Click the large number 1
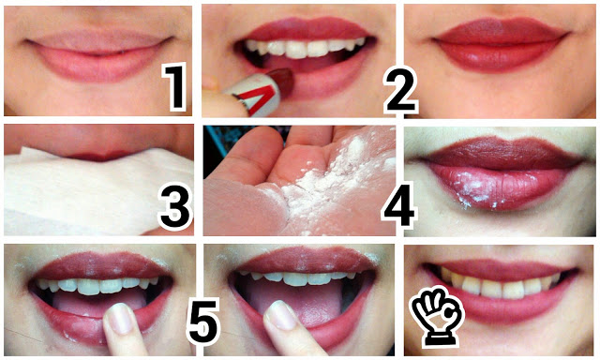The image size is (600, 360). [x=175, y=86]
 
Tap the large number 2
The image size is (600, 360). [x=400, y=91]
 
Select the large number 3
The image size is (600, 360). [x=175, y=207]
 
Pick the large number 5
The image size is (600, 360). [x=203, y=322]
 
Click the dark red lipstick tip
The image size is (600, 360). [x=281, y=81]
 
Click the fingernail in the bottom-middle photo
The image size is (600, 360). [x=281, y=315]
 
